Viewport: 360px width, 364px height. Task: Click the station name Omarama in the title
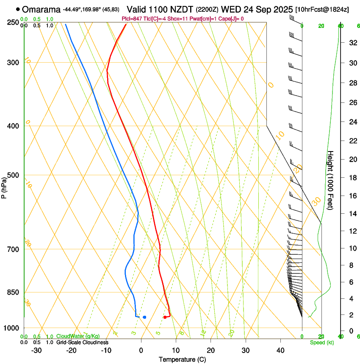point(41,9)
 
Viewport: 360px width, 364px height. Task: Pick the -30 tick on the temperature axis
point(36,350)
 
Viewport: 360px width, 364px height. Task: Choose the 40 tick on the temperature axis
point(280,350)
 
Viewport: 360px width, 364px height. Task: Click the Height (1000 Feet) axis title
point(331,180)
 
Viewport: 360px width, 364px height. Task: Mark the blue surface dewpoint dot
point(144,317)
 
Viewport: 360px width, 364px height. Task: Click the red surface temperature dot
point(165,317)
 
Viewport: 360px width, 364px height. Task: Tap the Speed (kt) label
point(321,342)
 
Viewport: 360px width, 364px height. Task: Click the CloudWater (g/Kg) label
point(78,336)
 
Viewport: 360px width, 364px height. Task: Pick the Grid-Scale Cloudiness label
point(82,342)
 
